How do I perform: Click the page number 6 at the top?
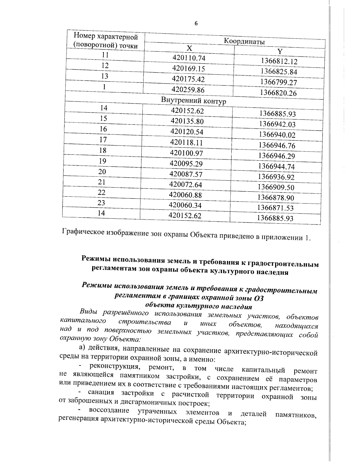click(196, 24)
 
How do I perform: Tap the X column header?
click(189, 49)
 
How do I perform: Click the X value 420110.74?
click(189, 58)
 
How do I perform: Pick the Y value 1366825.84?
click(279, 72)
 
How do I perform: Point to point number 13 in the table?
click(104, 76)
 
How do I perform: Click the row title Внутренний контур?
click(193, 101)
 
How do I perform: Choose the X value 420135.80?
click(187, 121)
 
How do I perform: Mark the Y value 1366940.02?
click(277, 135)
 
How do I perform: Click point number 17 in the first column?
click(103, 140)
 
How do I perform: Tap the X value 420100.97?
click(187, 153)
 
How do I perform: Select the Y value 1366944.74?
click(277, 167)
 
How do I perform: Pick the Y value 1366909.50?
click(276, 188)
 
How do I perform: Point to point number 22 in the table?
click(102, 193)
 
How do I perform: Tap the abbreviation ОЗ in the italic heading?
click(259, 299)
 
